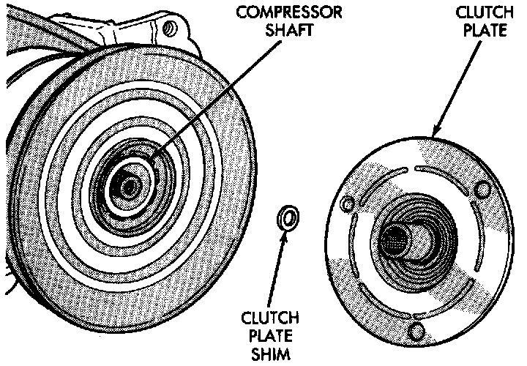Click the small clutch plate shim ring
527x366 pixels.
288,217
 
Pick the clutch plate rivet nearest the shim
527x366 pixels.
348,202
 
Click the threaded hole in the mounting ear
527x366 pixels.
171,29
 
